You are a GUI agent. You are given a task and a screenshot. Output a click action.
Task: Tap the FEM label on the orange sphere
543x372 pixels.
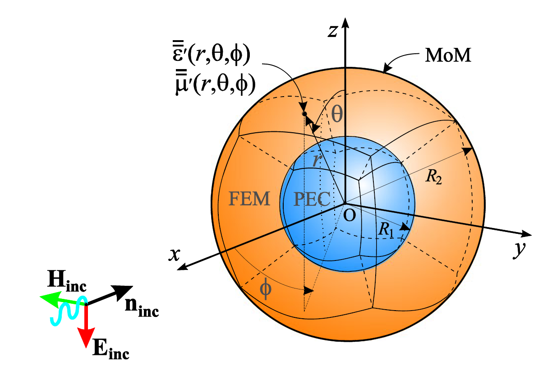click(x=249, y=199)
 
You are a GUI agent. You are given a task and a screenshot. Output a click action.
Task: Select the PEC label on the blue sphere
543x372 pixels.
click(x=312, y=199)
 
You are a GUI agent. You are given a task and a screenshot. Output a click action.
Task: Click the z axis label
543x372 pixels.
click(x=332, y=31)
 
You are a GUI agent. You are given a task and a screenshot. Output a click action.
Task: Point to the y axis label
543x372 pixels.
click(x=520, y=250)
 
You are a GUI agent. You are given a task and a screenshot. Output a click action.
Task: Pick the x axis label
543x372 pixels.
click(x=174, y=255)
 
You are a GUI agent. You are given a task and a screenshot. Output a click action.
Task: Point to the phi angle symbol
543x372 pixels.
click(x=266, y=289)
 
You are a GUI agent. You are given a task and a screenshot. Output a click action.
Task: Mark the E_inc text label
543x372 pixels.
click(x=110, y=350)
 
